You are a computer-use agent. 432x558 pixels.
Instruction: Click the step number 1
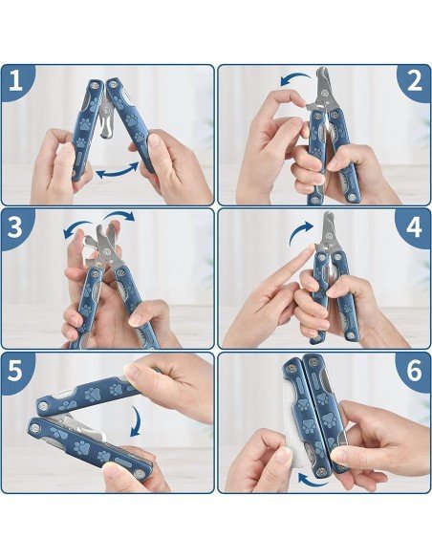(15, 81)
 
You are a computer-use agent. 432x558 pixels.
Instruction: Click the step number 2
(414, 81)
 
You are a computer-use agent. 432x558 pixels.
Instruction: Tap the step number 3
(15, 226)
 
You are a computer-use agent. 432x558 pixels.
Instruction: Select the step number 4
(414, 226)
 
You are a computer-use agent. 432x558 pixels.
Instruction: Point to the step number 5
(15, 371)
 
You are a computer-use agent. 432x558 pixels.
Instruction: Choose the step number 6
(414, 371)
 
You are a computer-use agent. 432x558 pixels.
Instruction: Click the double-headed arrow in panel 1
(117, 171)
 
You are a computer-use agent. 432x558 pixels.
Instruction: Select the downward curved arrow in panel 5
(138, 421)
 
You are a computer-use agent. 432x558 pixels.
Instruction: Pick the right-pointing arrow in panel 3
(120, 215)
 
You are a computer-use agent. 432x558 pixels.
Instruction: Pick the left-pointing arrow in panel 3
(76, 227)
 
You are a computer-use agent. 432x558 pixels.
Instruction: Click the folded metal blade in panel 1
(105, 120)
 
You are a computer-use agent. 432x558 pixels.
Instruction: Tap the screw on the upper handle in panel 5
(44, 405)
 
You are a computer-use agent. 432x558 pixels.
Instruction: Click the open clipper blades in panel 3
(104, 242)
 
